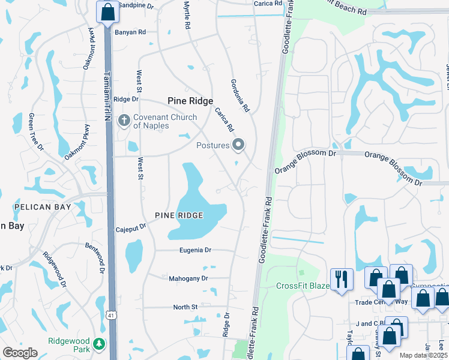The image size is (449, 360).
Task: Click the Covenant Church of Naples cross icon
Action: [124, 121]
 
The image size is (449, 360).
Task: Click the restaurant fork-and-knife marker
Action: [341, 280]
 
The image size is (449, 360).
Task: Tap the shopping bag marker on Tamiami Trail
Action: [107, 12]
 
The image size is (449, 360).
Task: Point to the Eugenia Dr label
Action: [196, 250]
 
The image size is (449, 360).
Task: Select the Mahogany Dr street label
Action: [187, 278]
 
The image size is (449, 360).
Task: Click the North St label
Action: [185, 307]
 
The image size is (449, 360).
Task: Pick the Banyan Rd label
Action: [131, 32]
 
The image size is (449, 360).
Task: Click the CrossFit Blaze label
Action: [303, 286]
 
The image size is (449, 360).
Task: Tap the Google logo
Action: [20, 353]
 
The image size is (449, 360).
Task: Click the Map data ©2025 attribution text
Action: [423, 355]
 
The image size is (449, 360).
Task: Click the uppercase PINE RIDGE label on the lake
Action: [178, 215]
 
